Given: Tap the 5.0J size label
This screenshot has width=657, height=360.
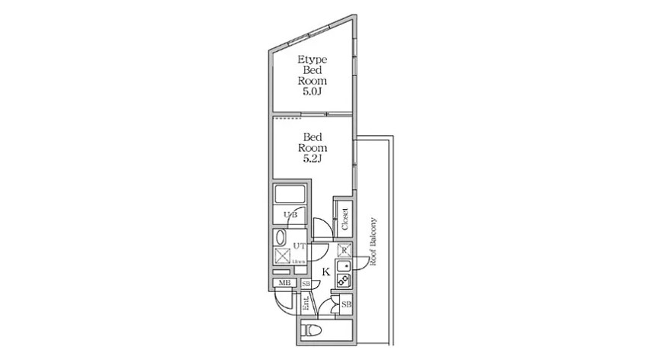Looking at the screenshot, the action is click(312, 92).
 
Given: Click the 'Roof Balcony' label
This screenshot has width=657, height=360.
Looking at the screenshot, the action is click(374, 239).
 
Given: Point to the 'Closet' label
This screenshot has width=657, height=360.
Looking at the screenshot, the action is click(345, 219).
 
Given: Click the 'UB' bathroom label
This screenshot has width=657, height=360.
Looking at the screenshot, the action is click(290, 215).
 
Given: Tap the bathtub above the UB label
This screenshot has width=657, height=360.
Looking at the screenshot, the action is click(290, 194).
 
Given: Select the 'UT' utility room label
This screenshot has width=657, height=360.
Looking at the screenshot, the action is click(300, 246).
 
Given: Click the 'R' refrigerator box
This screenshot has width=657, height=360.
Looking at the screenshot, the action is click(343, 249).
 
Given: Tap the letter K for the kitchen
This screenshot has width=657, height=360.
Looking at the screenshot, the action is click(325, 271).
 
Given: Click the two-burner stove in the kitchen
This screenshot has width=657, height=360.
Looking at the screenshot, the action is click(342, 280).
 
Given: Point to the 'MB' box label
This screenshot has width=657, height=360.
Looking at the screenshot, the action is click(284, 284).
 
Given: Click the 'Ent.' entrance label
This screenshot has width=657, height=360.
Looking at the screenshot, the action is click(306, 304).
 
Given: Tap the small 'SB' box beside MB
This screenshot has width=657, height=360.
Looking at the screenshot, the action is click(305, 284).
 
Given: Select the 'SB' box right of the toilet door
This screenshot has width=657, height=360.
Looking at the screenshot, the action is click(346, 305).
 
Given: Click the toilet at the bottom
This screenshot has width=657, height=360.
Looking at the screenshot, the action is click(313, 331).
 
